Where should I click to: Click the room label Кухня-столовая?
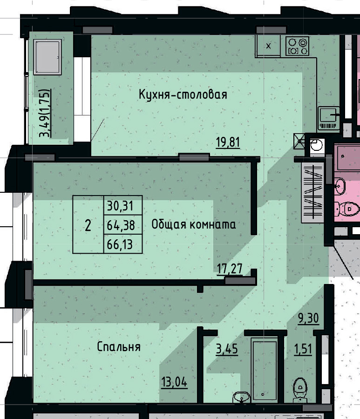[183, 95]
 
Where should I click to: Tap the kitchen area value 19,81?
[228, 142]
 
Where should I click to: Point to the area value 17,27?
[229, 268]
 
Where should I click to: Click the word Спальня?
[119, 347]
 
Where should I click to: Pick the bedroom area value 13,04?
[174, 383]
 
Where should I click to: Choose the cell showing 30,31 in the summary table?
[122, 205]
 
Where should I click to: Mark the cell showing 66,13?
[122, 244]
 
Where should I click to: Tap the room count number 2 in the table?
[88, 225]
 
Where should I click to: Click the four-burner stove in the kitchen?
[298, 46]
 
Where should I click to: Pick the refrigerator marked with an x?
[269, 46]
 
